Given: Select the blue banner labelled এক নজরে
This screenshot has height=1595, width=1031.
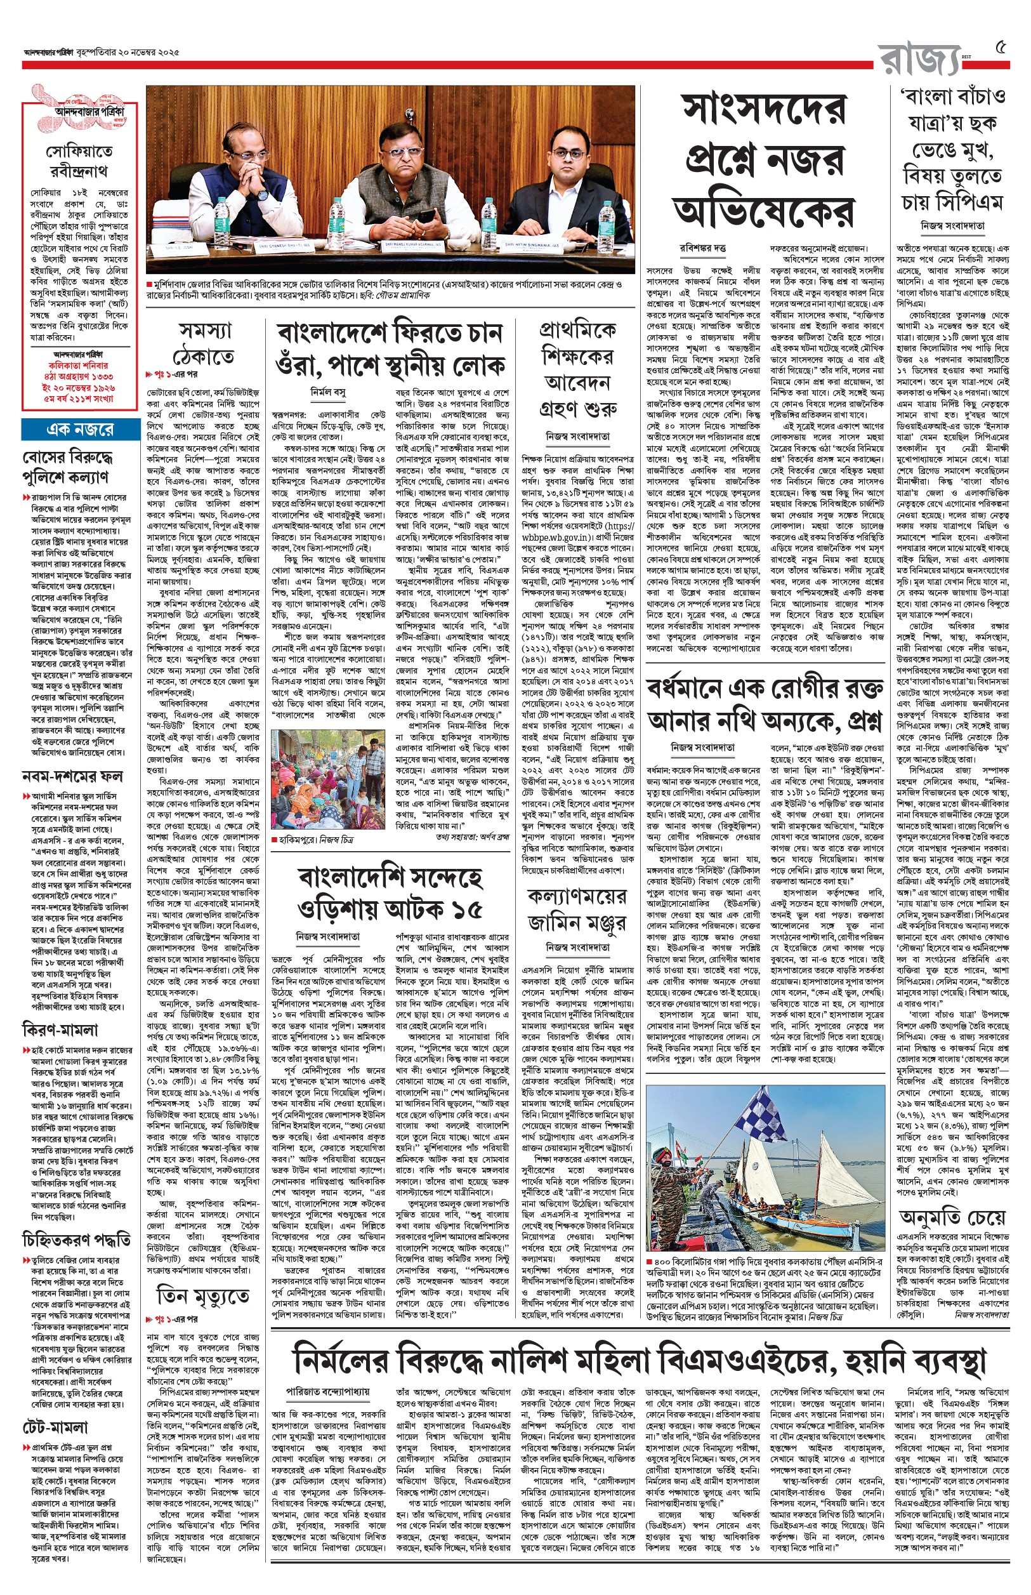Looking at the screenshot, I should point(80,429).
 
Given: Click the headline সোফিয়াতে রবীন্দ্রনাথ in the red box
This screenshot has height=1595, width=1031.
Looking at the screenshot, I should point(79,161).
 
